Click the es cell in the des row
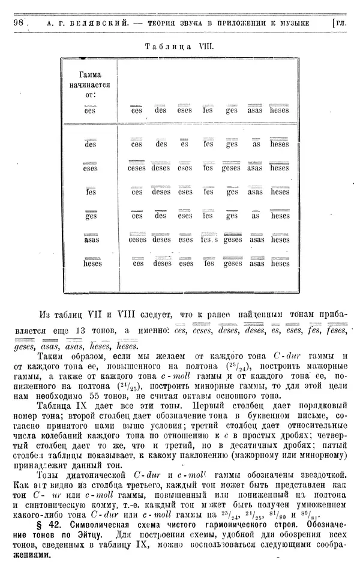click(185, 144)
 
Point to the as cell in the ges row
click(256, 216)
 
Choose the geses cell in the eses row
click(232, 168)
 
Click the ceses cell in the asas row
click(137, 239)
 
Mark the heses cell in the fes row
click(280, 192)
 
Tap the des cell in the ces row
click(161, 110)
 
